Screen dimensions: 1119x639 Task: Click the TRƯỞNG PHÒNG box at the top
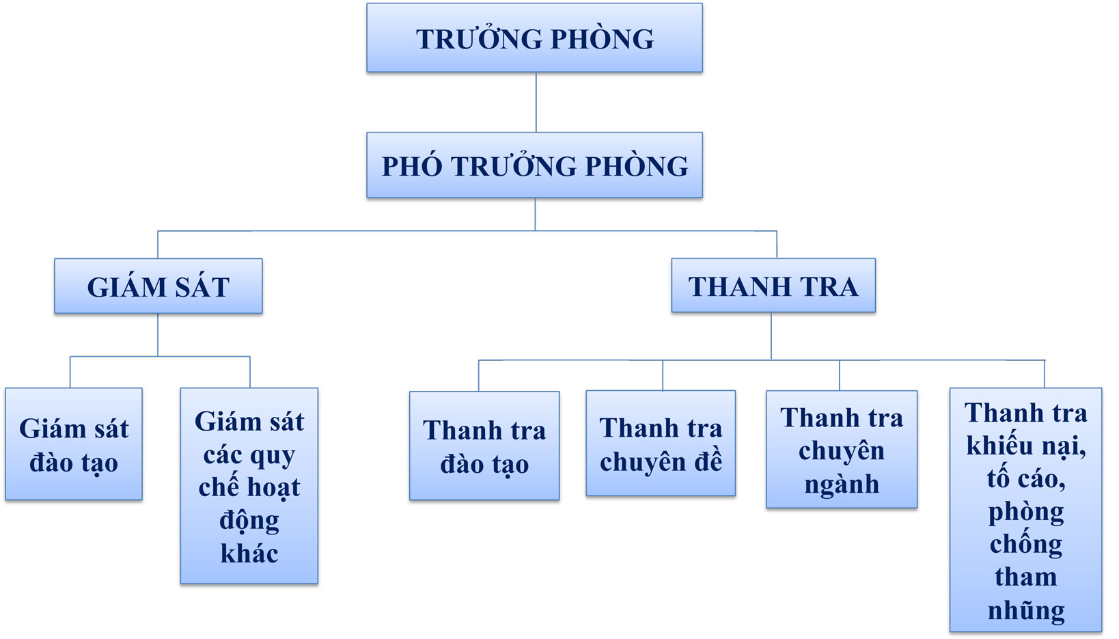[534, 38]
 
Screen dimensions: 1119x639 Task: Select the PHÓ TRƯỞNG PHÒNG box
[534, 165]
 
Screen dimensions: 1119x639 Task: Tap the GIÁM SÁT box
[158, 286]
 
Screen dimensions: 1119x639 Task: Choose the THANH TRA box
[773, 286]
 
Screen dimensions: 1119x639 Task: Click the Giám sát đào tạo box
[74, 444]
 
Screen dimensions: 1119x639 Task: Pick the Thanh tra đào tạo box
[484, 446]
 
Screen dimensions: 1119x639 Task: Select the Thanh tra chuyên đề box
[661, 443]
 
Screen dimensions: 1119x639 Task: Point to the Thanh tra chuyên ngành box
[842, 449]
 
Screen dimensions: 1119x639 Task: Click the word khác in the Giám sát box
[249, 554]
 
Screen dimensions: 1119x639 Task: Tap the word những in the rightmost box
[1026, 610]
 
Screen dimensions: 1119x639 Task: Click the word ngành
[842, 485]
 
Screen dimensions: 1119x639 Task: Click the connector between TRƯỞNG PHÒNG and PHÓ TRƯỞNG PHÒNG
[536, 103]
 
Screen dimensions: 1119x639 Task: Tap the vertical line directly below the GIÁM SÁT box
[158, 336]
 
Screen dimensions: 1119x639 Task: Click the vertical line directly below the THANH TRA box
[771, 336]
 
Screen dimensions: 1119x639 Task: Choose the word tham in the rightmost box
[1025, 577]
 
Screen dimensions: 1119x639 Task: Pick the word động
[249, 521]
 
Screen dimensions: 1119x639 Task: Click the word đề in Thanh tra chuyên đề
[708, 461]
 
